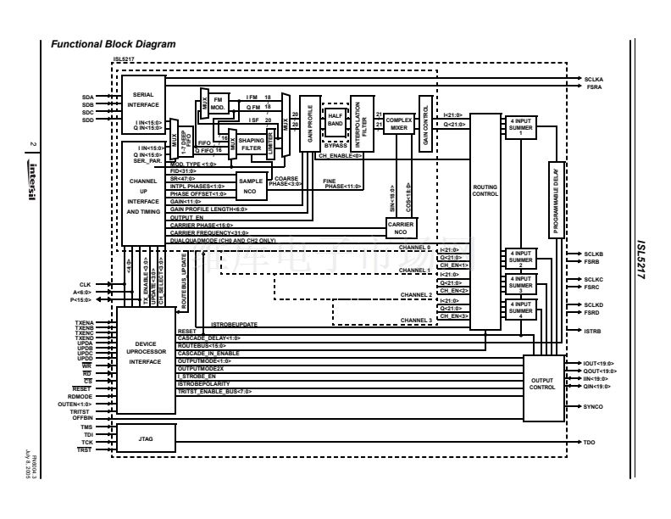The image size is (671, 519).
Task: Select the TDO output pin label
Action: coord(590,443)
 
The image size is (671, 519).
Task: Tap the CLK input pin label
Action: coord(85,283)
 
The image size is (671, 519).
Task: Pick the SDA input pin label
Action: coord(87,97)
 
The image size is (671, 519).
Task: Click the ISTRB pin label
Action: coord(592,332)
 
